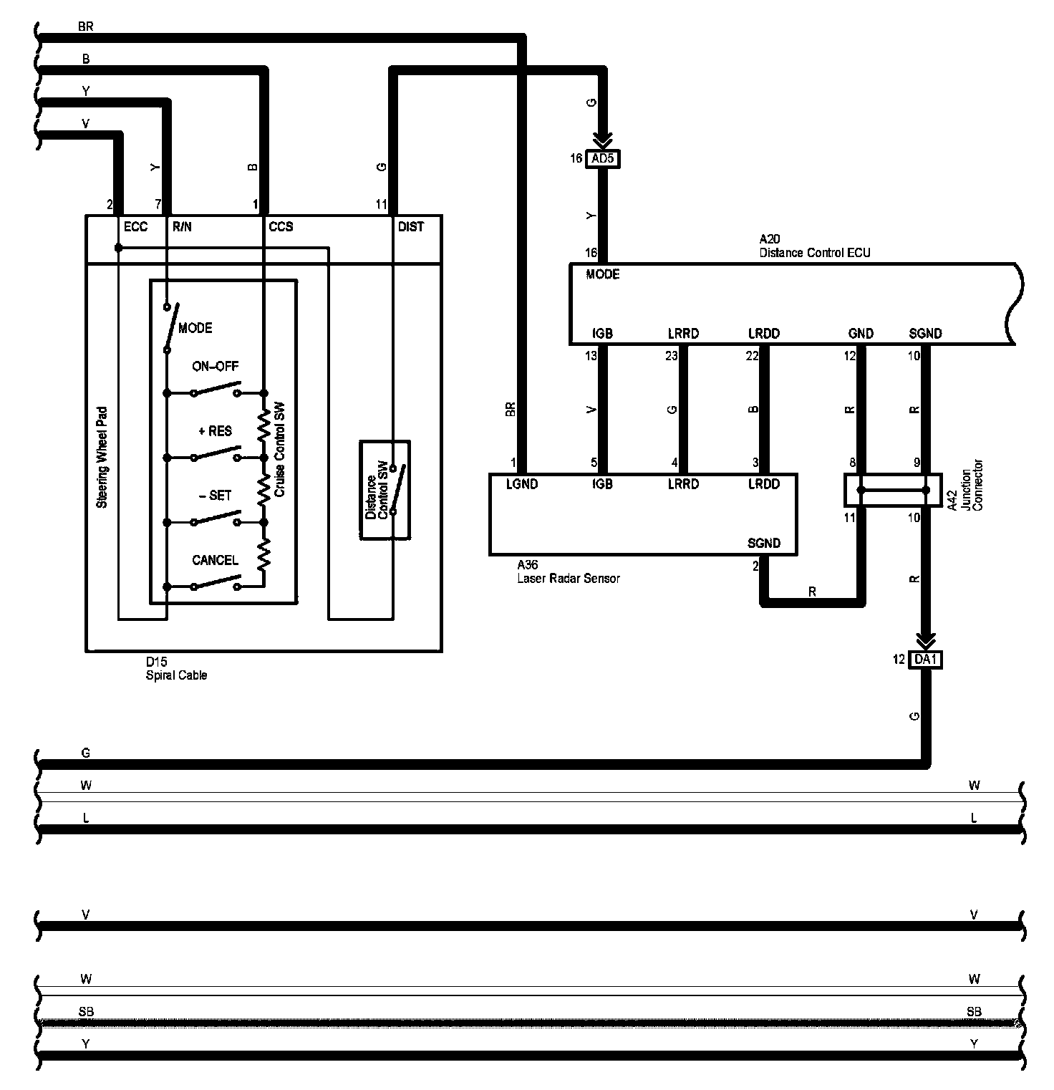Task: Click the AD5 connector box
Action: [x=603, y=158]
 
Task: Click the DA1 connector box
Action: [x=925, y=660]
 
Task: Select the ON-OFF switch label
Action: [x=215, y=367]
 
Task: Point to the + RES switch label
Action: [x=215, y=431]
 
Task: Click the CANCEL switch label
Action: [x=215, y=560]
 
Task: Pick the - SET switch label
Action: [x=215, y=496]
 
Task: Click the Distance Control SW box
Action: [x=385, y=490]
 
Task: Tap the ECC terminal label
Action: [x=135, y=227]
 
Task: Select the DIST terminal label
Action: [x=411, y=227]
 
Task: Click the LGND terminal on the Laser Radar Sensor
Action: [x=521, y=484]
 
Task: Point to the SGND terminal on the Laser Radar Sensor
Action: [x=763, y=543]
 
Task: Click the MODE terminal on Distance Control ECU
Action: [x=602, y=274]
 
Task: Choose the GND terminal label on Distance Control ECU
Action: [x=860, y=334]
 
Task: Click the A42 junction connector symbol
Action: [x=893, y=491]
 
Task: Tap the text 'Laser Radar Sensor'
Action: [x=569, y=578]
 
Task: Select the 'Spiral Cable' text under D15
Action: [x=176, y=675]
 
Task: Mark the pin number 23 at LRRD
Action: [x=671, y=356]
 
